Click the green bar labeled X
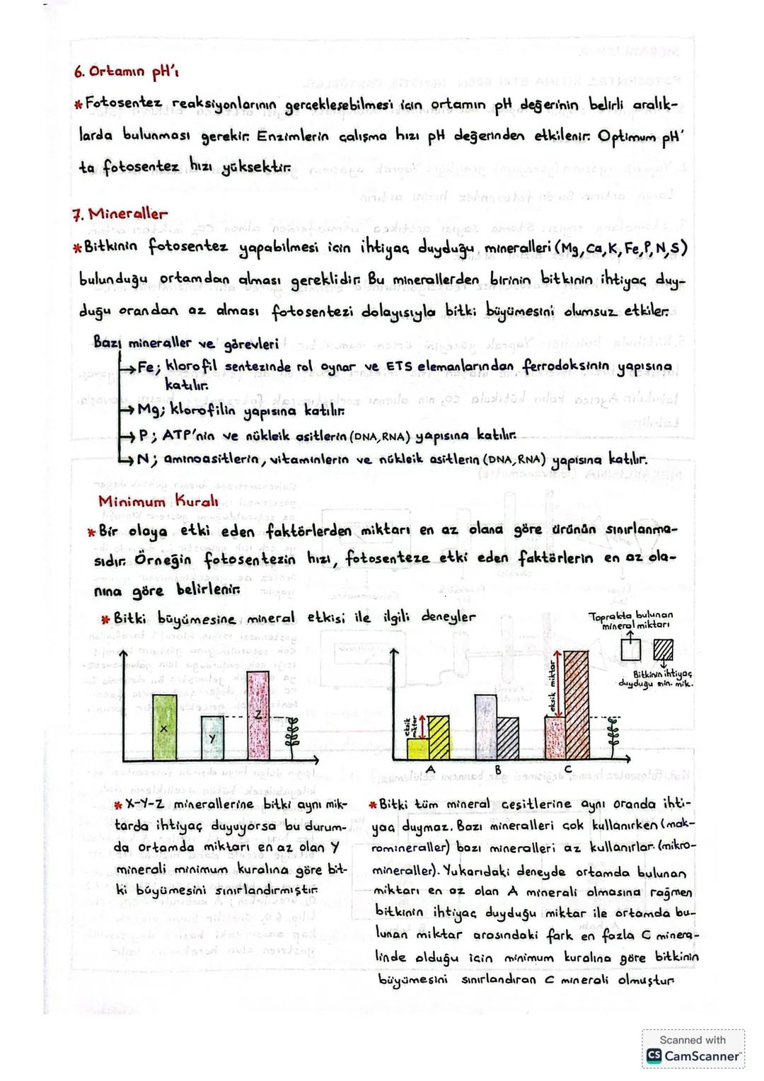click(x=165, y=727)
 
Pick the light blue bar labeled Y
click(x=212, y=738)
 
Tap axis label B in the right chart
click(x=497, y=769)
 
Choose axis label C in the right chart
click(x=569, y=769)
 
